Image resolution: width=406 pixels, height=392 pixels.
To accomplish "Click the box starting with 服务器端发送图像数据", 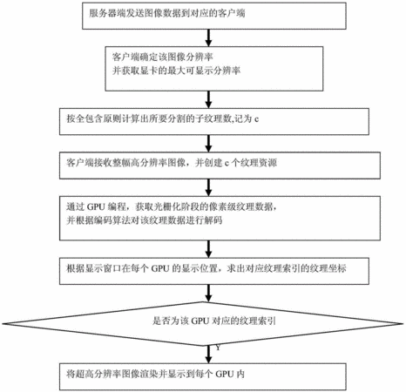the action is [x=214, y=16].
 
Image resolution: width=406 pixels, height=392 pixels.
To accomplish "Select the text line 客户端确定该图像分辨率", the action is [x=163, y=57].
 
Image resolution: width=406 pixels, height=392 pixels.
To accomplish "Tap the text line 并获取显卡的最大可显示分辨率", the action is [x=176, y=71].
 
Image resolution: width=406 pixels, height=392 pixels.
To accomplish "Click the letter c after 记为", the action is [x=256, y=119].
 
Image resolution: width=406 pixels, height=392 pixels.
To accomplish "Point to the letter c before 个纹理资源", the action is [x=227, y=164].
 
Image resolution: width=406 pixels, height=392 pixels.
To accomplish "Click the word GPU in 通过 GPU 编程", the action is [x=96, y=206].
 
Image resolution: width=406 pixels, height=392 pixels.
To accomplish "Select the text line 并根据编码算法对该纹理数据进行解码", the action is [x=145, y=220].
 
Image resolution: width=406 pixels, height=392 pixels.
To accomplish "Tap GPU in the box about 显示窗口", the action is [x=160, y=268].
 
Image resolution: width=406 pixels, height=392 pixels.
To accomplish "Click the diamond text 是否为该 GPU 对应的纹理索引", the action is [x=214, y=321].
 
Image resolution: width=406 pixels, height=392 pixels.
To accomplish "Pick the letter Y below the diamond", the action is [x=218, y=348].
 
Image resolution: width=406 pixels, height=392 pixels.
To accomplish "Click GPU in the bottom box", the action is [x=225, y=374].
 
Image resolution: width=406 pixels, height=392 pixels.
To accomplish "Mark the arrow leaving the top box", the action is [x=208, y=37].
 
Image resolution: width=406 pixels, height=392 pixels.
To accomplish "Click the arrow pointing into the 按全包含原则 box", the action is [x=208, y=99].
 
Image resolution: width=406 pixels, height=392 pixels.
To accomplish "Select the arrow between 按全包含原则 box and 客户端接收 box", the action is [x=208, y=144].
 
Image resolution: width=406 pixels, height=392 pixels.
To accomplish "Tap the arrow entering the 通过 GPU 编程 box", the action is [x=208, y=187].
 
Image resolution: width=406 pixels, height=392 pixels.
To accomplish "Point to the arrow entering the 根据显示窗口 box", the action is [x=208, y=249].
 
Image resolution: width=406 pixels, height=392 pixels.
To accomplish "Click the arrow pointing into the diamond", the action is [x=208, y=294].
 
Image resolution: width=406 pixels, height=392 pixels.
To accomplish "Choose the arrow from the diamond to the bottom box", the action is [x=208, y=355].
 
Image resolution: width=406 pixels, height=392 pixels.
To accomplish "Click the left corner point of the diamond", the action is [x=3, y=323].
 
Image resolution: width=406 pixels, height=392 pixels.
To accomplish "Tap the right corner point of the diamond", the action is [x=404, y=323].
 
